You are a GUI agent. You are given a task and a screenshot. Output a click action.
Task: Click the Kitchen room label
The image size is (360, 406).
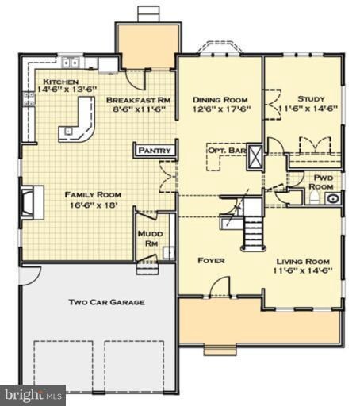tap(60, 82)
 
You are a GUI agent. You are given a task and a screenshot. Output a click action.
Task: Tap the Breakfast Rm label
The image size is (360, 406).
tap(138, 100)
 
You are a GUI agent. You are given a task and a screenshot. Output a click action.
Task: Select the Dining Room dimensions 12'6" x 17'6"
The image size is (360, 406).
tap(221, 109)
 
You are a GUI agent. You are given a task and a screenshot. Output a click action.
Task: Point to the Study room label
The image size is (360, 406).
tap(311, 99)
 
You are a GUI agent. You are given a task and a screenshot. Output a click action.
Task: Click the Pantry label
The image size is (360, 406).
tap(155, 151)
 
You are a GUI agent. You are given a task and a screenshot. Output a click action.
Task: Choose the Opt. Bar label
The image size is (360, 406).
tap(227, 151)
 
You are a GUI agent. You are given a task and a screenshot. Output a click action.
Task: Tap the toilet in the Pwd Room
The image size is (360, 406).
tap(314, 197)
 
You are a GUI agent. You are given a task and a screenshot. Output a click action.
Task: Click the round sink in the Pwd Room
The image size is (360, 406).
tap(332, 198)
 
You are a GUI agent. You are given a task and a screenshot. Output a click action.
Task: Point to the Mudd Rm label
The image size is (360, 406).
tap(151, 239)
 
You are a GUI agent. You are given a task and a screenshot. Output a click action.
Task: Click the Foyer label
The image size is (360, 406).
tap(211, 261)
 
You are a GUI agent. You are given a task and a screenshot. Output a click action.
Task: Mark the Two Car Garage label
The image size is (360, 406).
tap(107, 302)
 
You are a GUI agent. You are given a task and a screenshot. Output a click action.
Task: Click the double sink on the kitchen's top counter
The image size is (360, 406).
tap(71, 63)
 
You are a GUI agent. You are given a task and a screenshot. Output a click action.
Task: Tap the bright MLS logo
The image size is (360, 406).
tap(33, 395)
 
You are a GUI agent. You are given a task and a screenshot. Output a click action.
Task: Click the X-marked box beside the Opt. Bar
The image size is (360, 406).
tap(255, 157)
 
